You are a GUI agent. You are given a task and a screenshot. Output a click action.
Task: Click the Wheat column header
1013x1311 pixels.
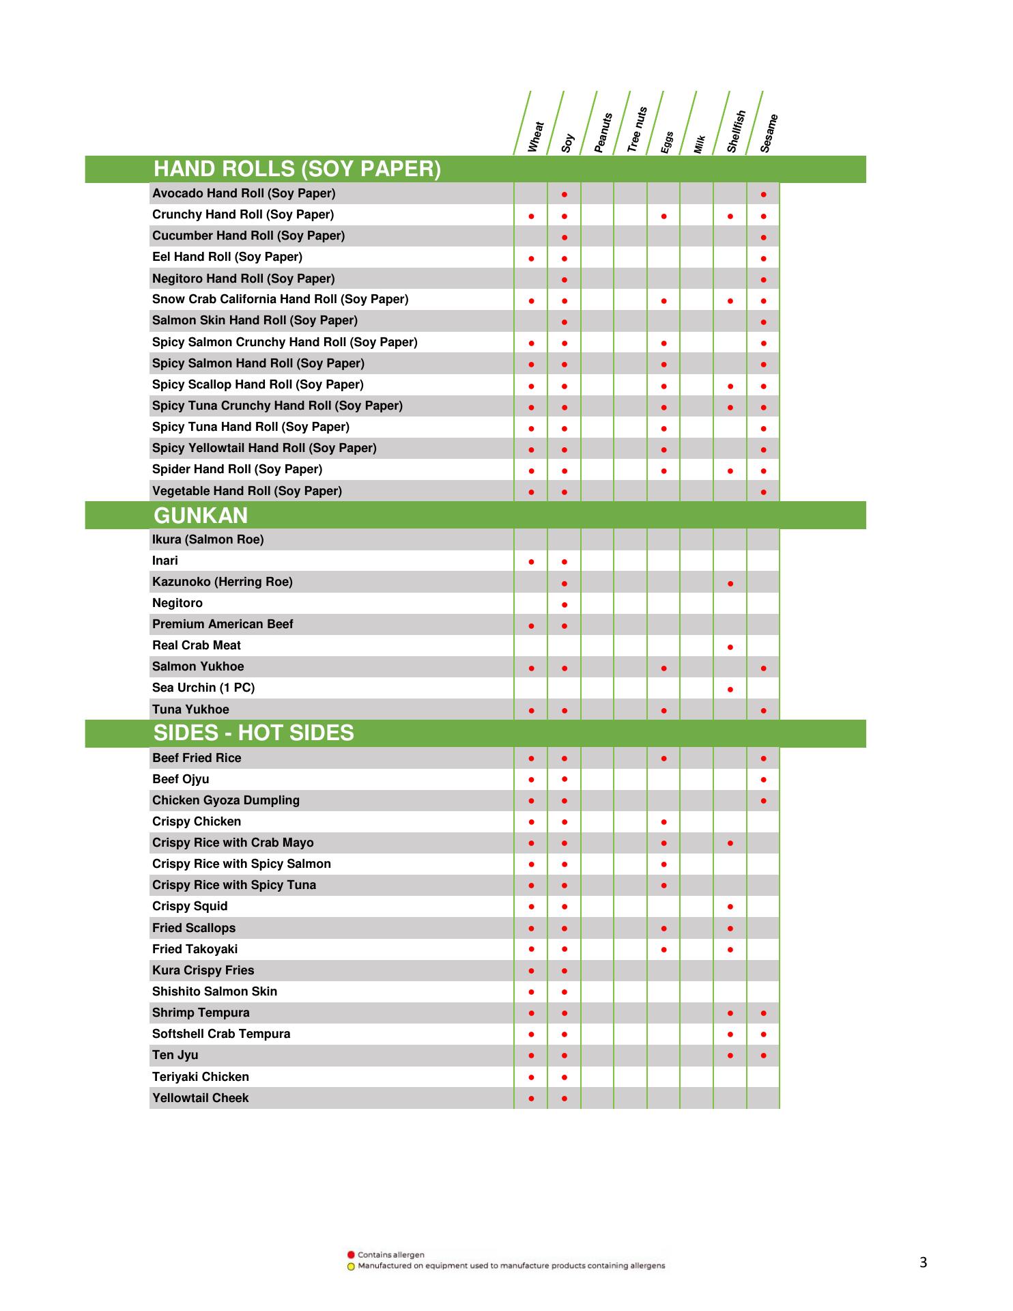point(536,137)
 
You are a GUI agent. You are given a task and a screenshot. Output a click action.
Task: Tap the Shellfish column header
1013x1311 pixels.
point(736,131)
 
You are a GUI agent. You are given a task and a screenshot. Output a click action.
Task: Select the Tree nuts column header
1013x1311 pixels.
point(636,129)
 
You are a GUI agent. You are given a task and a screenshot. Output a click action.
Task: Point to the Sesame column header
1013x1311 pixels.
point(769,133)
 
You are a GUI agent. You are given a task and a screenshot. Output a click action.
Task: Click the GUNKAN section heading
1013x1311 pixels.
point(200,516)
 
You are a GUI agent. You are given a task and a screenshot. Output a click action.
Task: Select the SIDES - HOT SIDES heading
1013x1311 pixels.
point(253,733)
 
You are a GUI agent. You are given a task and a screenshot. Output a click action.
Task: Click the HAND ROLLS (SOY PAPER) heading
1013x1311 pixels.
point(297,169)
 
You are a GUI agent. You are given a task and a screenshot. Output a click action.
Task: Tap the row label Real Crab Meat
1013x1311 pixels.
point(197,646)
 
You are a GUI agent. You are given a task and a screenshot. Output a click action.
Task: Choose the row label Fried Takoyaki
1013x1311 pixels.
point(195,949)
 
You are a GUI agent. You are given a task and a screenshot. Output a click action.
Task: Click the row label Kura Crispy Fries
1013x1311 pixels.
point(203,970)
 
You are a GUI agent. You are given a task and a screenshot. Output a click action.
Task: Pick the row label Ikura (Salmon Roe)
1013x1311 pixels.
point(208,539)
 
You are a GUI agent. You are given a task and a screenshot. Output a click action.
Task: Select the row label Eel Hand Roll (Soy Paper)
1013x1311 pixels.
point(227,257)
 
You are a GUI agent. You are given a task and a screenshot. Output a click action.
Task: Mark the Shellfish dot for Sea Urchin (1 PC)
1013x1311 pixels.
point(730,690)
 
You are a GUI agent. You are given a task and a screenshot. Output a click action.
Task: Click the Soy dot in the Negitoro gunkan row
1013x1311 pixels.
point(565,605)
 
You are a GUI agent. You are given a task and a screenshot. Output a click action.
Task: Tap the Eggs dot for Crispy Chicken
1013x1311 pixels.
point(664,822)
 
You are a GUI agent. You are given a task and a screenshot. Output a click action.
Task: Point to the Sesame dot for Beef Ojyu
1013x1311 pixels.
point(763,780)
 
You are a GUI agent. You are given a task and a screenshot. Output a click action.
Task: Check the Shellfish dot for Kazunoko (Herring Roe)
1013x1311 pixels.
point(730,584)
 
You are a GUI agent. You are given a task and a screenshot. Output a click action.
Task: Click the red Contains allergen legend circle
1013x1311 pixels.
point(351,1254)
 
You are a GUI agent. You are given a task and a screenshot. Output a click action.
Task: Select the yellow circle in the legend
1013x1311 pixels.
point(351,1267)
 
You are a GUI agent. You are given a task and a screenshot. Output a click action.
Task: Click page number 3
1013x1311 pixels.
point(923,1263)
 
